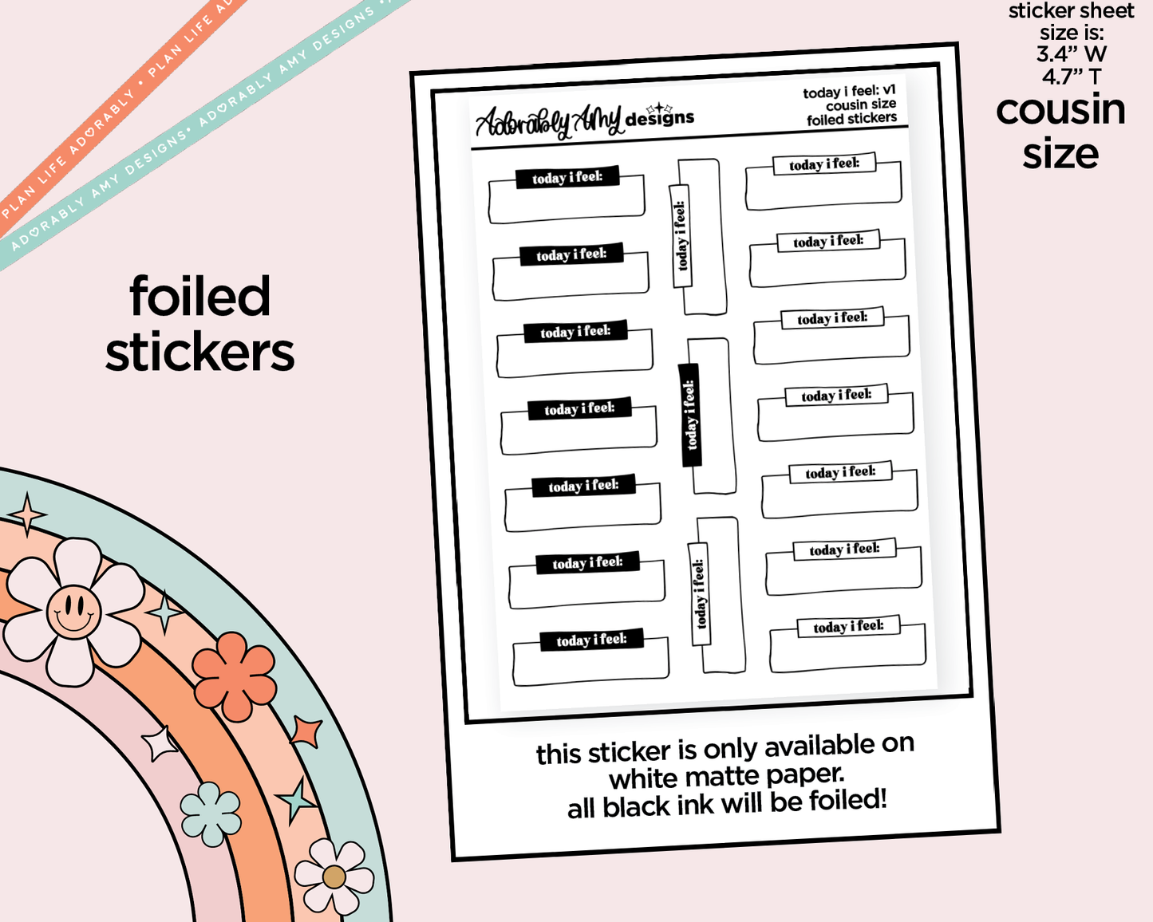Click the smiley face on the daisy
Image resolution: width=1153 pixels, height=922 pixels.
click(73, 612)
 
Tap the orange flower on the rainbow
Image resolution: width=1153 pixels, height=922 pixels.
click(234, 676)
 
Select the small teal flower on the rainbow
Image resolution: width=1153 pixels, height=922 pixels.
click(211, 814)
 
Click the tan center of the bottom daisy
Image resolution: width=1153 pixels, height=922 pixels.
click(334, 877)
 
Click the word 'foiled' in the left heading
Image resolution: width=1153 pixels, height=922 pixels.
click(200, 297)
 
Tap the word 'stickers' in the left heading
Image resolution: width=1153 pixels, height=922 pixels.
click(200, 353)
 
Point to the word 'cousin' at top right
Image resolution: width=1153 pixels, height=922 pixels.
click(1060, 109)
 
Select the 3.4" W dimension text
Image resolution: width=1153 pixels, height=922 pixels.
click(1071, 54)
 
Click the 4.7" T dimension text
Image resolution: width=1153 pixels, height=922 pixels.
click(1071, 77)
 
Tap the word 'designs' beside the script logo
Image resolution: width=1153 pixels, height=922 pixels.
click(660, 118)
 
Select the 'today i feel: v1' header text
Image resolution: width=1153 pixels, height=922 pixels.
click(849, 92)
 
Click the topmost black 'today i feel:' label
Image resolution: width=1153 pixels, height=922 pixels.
click(567, 177)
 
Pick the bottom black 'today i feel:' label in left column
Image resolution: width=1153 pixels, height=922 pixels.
click(591, 640)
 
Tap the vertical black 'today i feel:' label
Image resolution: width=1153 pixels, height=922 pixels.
click(689, 415)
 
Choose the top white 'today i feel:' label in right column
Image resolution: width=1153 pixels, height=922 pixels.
click(824, 164)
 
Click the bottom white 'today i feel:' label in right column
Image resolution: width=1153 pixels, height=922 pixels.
click(848, 626)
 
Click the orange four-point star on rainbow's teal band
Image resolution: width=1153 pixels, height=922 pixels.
click(306, 731)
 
